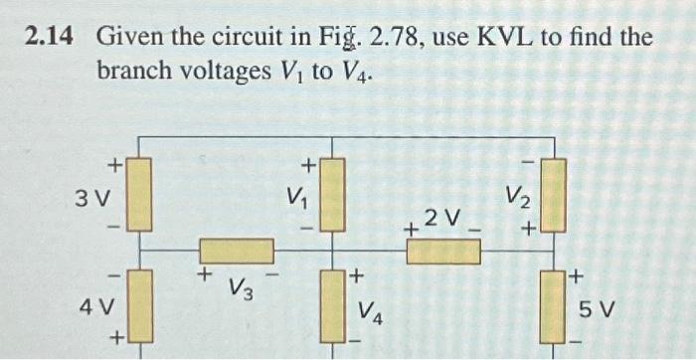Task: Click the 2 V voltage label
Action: point(441,217)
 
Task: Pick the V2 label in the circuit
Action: point(515,195)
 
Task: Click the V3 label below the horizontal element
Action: point(239,289)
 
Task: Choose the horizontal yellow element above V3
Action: point(237,251)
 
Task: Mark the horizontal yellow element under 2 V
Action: point(443,251)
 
